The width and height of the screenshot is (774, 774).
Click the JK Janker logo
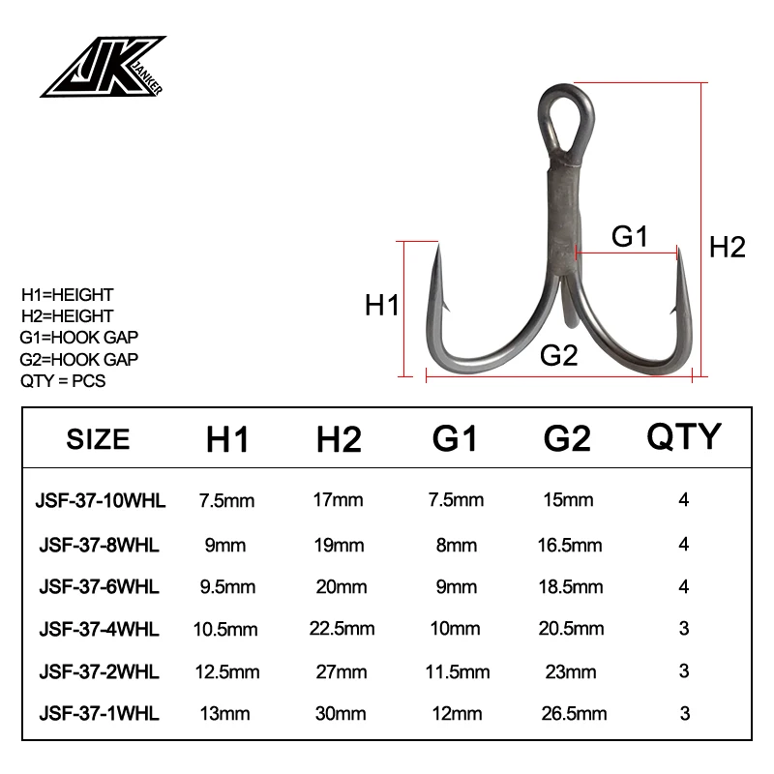[x=102, y=68]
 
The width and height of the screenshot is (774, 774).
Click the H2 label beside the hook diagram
[x=727, y=247]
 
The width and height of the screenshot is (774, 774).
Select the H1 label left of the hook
[x=382, y=307]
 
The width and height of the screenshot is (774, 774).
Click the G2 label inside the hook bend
[x=559, y=355]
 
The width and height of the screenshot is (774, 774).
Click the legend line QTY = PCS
[x=63, y=380]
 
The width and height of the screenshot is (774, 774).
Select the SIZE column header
[x=98, y=439]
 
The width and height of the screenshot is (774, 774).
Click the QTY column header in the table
[x=684, y=437]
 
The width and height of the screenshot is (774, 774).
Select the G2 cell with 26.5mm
[x=573, y=714]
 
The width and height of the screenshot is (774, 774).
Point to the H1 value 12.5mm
[x=228, y=671]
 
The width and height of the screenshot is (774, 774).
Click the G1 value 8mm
[x=458, y=544]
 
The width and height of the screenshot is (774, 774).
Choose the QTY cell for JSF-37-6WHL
[x=684, y=586]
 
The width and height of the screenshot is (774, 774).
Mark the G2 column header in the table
[x=566, y=439]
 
